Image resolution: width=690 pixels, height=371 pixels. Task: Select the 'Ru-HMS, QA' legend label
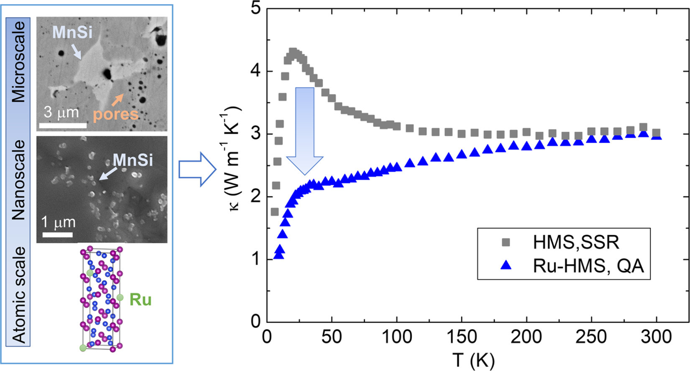click(588, 266)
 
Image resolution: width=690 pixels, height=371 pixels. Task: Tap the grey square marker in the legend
click(506, 242)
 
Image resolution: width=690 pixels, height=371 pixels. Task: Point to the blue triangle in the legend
click(506, 265)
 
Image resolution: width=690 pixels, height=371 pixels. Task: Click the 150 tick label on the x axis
click(461, 337)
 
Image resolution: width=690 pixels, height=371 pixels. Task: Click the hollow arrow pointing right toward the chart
click(197, 169)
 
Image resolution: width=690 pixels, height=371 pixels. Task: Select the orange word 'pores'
click(115, 114)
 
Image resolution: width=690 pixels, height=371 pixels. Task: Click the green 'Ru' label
click(141, 300)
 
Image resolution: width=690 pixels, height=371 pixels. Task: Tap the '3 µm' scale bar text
click(61, 112)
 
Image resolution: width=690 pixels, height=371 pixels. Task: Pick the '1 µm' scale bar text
click(58, 222)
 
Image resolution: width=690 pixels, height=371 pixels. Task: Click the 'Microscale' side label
click(19, 62)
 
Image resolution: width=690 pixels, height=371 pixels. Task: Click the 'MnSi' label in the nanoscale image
click(133, 160)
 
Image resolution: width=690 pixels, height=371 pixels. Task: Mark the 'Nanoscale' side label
click(19, 180)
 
